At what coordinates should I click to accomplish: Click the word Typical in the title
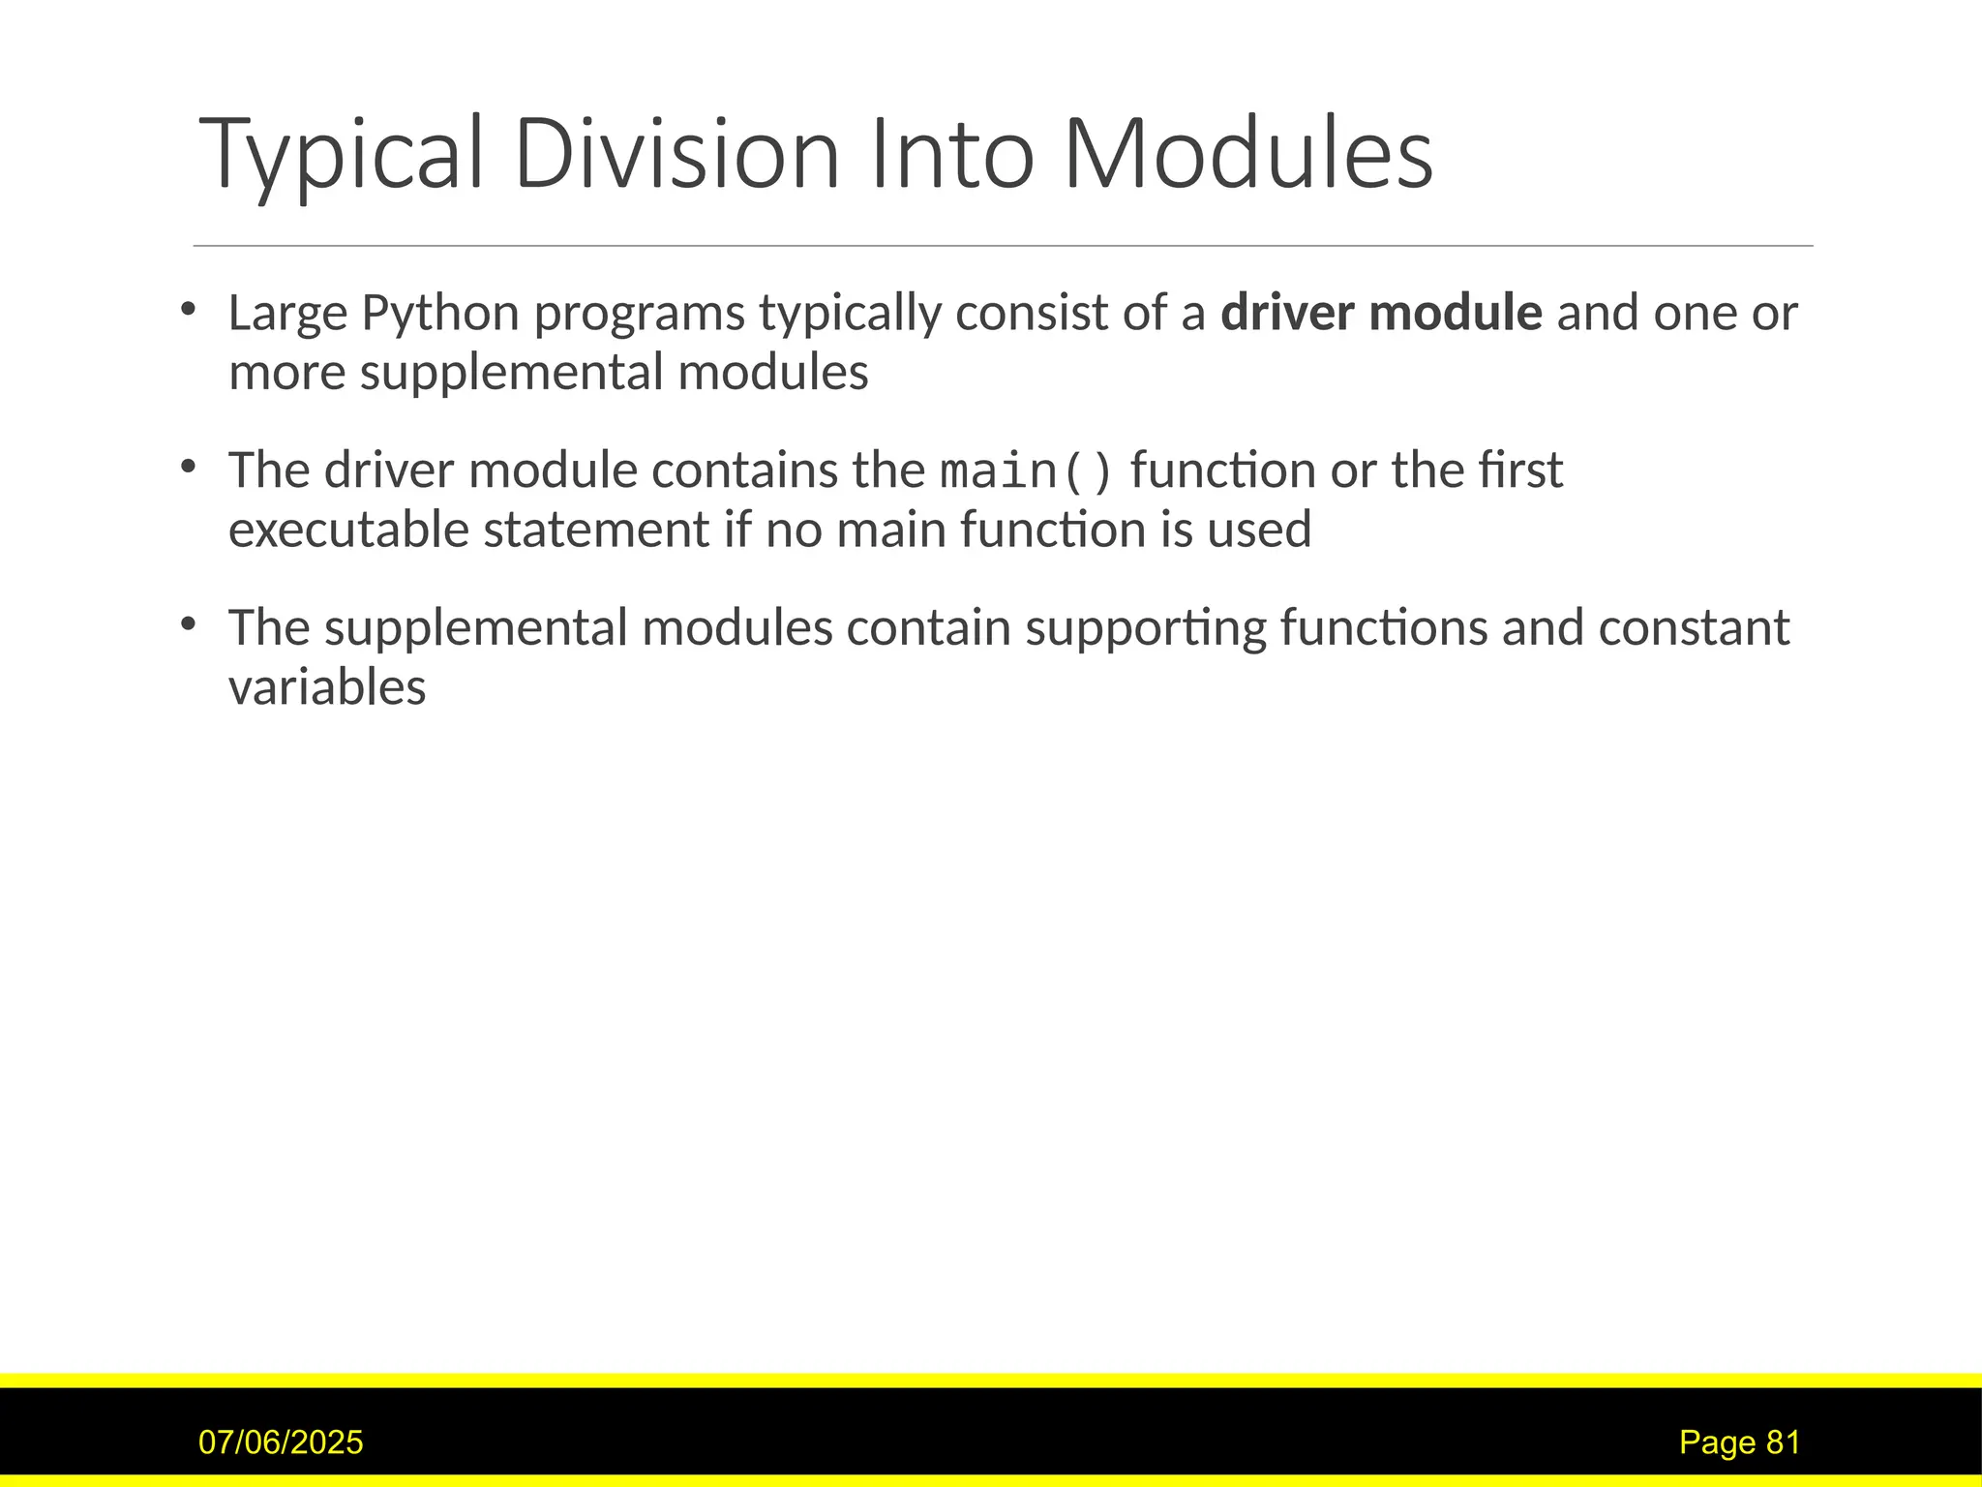tap(340, 155)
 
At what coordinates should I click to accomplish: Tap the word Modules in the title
tap(1247, 155)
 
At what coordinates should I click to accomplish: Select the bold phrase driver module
tap(1380, 313)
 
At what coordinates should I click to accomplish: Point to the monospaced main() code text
tap(1027, 471)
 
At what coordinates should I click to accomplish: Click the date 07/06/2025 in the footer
tap(281, 1442)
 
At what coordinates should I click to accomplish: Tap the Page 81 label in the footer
tap(1739, 1442)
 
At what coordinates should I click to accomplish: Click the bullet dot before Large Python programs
tap(188, 310)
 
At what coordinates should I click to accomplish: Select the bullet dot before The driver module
tap(188, 468)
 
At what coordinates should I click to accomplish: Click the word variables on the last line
tap(327, 688)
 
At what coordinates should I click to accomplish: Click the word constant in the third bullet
tap(1694, 628)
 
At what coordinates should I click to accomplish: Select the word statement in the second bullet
tap(596, 531)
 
